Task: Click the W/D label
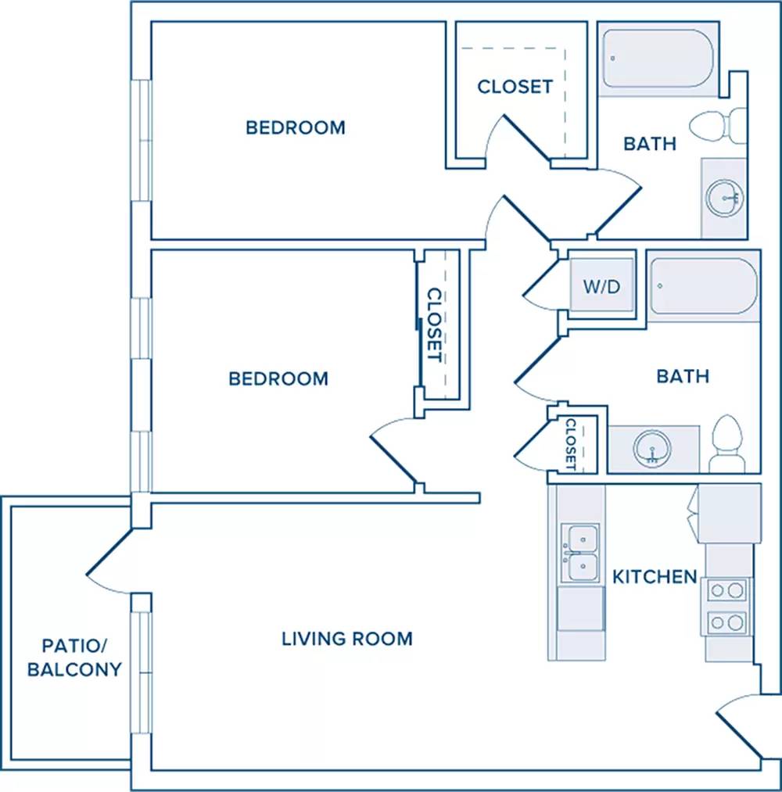tap(601, 286)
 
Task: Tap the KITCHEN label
tap(655, 576)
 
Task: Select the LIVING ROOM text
tap(347, 639)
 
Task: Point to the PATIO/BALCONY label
tap(75, 658)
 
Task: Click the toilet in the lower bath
tap(727, 443)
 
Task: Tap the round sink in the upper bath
tap(725, 198)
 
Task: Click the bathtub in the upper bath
tap(658, 59)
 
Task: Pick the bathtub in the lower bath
tap(704, 286)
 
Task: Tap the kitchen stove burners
tap(727, 606)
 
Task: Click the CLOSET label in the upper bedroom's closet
tap(515, 86)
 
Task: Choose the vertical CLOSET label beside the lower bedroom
tap(435, 324)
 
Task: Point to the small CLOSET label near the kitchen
tap(571, 444)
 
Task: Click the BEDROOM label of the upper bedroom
tap(296, 127)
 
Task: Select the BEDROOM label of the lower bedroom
tap(278, 378)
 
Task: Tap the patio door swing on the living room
tap(109, 552)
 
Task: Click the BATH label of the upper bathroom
tap(650, 143)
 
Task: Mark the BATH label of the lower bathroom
tap(683, 376)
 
